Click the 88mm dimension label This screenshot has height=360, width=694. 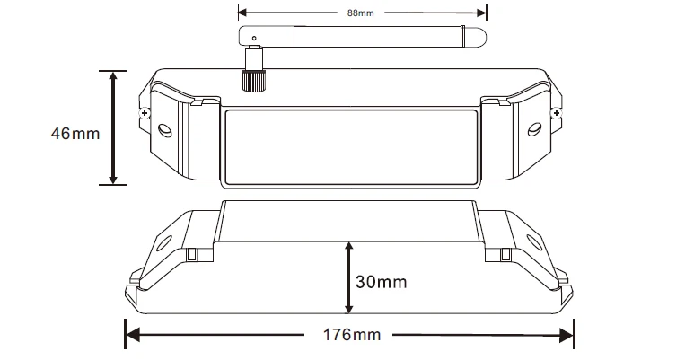(360, 13)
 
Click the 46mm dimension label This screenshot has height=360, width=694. (75, 133)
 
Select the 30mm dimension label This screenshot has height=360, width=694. (381, 282)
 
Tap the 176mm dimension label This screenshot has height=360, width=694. (352, 335)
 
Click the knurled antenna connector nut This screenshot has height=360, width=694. (253, 80)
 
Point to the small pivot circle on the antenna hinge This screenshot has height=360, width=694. (254, 38)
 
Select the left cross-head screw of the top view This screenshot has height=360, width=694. (144, 114)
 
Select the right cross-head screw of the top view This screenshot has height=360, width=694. (557, 114)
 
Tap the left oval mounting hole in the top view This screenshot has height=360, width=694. (165, 130)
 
